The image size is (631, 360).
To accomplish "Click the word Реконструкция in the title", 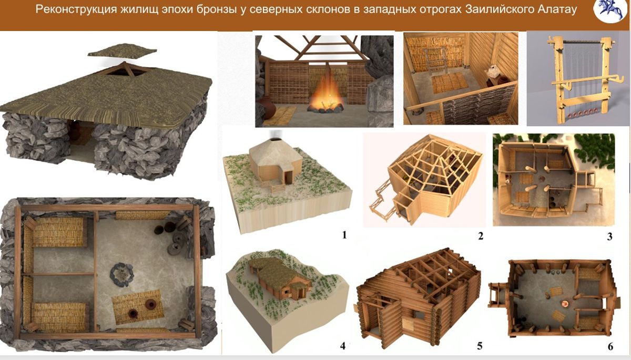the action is [x=76, y=10].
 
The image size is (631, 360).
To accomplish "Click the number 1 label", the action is [x=344, y=235].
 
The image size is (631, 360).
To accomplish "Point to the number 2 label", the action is [x=481, y=236].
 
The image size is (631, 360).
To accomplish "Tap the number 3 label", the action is [x=609, y=236].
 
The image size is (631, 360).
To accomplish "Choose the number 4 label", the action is [x=343, y=346].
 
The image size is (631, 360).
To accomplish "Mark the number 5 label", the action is [x=480, y=346].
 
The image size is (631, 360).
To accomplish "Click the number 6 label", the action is [x=610, y=346].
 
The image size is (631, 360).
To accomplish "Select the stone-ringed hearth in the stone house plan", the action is [x=121, y=275].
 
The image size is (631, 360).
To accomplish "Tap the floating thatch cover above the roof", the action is [x=122, y=50].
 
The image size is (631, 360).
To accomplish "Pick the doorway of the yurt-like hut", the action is [x=288, y=177].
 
